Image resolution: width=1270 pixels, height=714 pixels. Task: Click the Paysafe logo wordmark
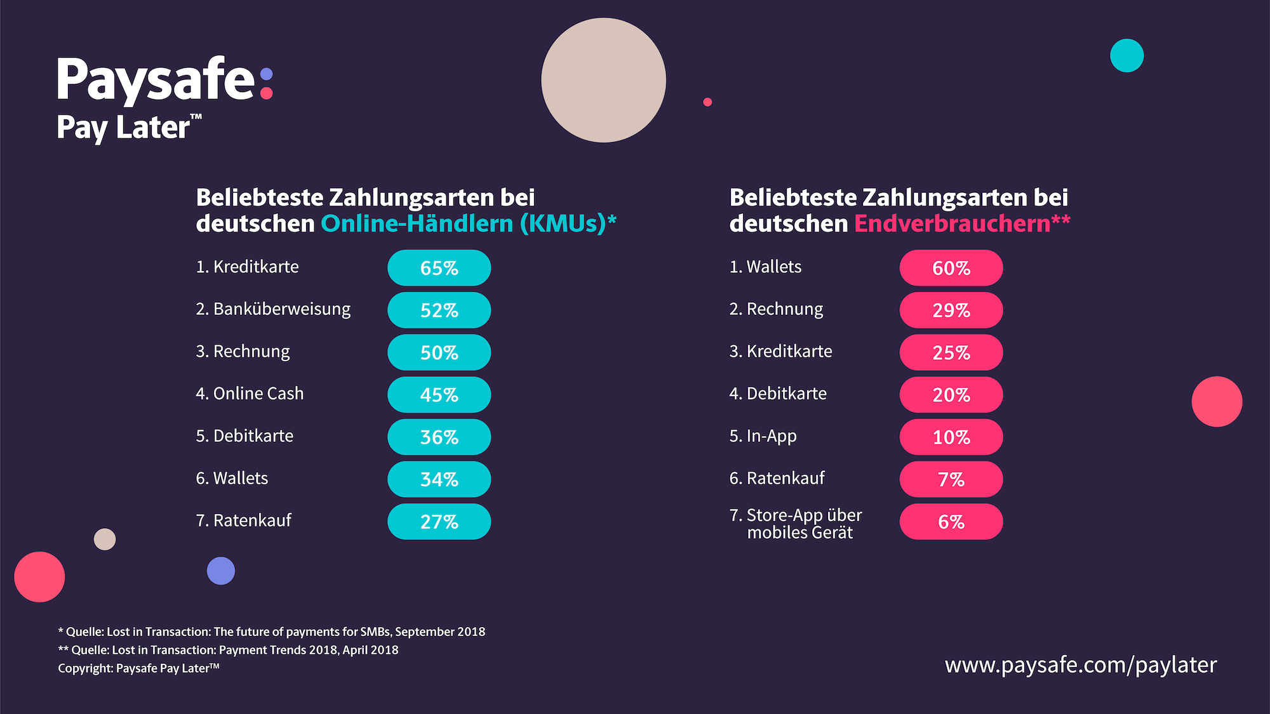164,81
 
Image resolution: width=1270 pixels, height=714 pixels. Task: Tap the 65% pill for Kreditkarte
439,268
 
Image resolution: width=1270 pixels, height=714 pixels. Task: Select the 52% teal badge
439,310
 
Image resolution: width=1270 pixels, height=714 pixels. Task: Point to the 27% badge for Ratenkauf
439,522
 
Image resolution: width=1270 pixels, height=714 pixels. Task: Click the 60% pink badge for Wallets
951,268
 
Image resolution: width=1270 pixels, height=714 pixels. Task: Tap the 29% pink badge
951,310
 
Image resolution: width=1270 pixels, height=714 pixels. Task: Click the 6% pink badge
951,522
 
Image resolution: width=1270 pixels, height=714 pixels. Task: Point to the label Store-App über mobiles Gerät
796,524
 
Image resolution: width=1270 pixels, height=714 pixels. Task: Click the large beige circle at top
603,80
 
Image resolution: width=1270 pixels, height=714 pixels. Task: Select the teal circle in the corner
1126,56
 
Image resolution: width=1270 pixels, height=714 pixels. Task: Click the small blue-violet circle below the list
221,571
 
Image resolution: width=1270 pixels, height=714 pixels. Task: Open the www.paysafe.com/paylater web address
1080,665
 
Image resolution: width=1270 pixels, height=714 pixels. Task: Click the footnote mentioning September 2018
272,631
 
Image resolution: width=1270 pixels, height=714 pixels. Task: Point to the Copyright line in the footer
138,668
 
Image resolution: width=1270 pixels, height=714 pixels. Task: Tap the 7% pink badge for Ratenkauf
951,479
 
